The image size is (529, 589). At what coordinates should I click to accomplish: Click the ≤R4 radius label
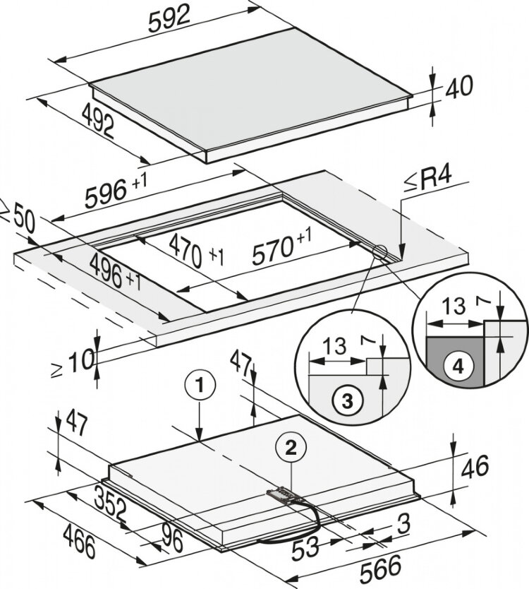pyautogui.click(x=434, y=185)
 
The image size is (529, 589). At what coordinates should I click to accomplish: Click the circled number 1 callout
pyautogui.click(x=201, y=386)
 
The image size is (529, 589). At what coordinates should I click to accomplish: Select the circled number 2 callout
pyautogui.click(x=290, y=445)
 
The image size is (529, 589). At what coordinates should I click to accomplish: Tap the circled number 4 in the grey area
pyautogui.click(x=458, y=367)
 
